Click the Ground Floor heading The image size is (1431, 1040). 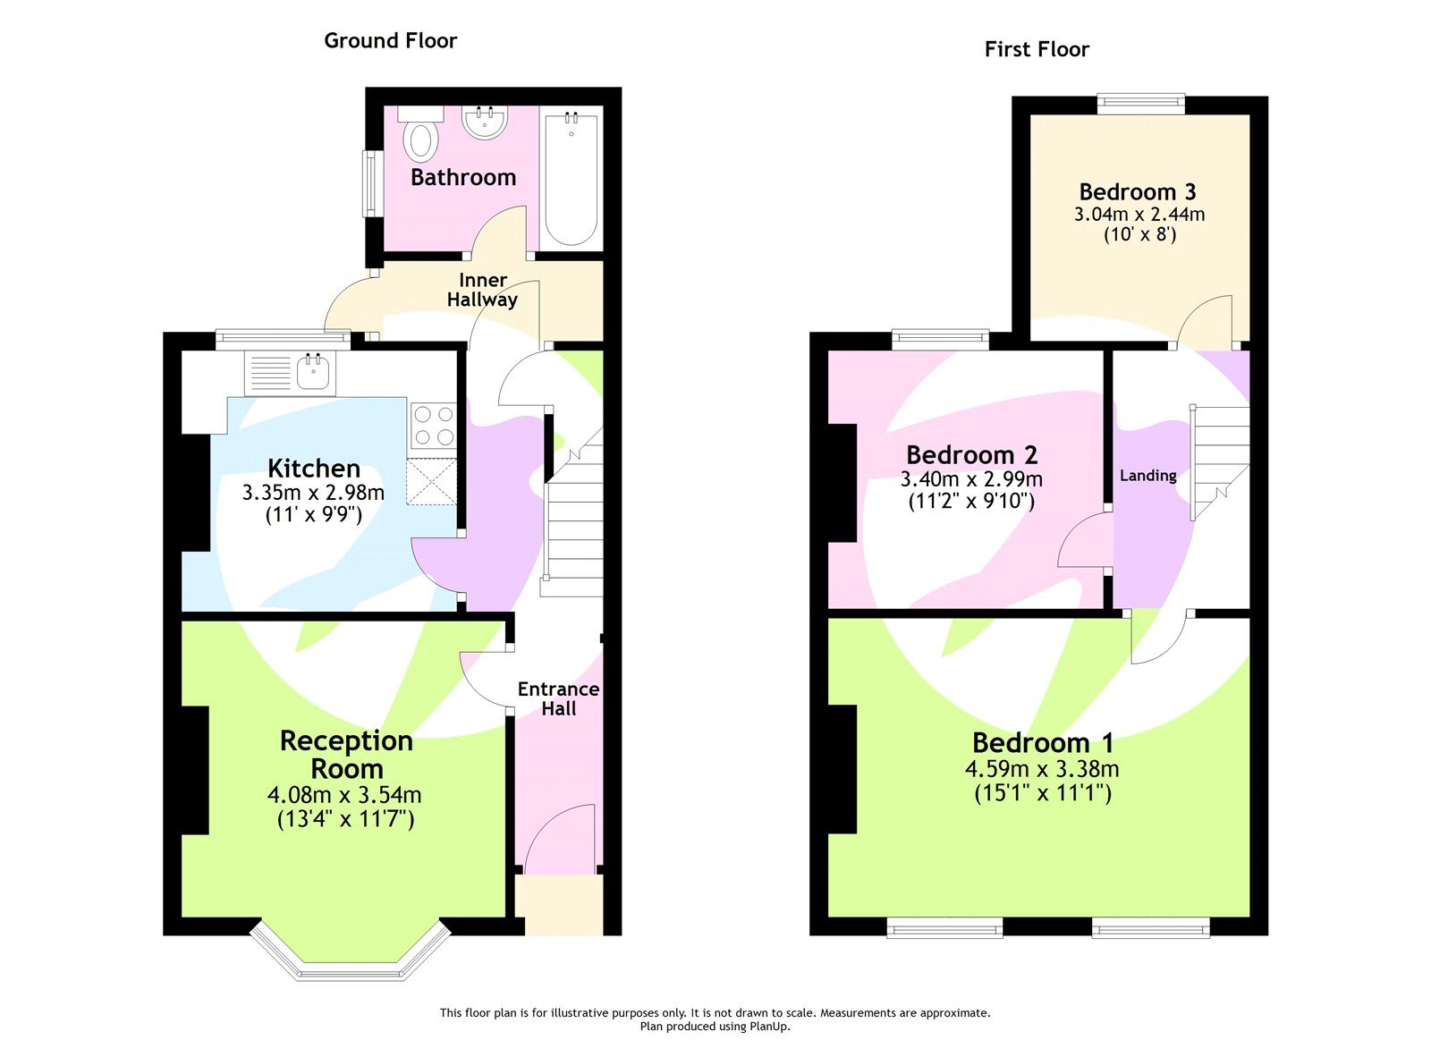pos(390,40)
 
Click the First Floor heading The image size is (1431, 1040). pos(1037,49)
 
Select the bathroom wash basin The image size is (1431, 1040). pos(485,122)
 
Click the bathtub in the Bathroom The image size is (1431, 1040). pos(571,179)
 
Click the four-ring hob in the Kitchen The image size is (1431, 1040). pos(434,426)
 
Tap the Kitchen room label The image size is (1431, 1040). pos(314,468)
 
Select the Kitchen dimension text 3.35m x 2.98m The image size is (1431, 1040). pos(313,492)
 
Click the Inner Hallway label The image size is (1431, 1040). pos(482,290)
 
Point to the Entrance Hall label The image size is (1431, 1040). pos(558,698)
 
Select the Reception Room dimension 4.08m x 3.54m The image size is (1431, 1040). pos(344,795)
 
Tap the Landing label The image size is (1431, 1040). pos(1147,476)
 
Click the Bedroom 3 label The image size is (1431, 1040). pos(1138,191)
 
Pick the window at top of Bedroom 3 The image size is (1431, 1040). pos(1141,104)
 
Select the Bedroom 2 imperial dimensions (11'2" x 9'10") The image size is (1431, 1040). pos(971,502)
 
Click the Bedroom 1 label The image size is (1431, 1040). pos(1043,742)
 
